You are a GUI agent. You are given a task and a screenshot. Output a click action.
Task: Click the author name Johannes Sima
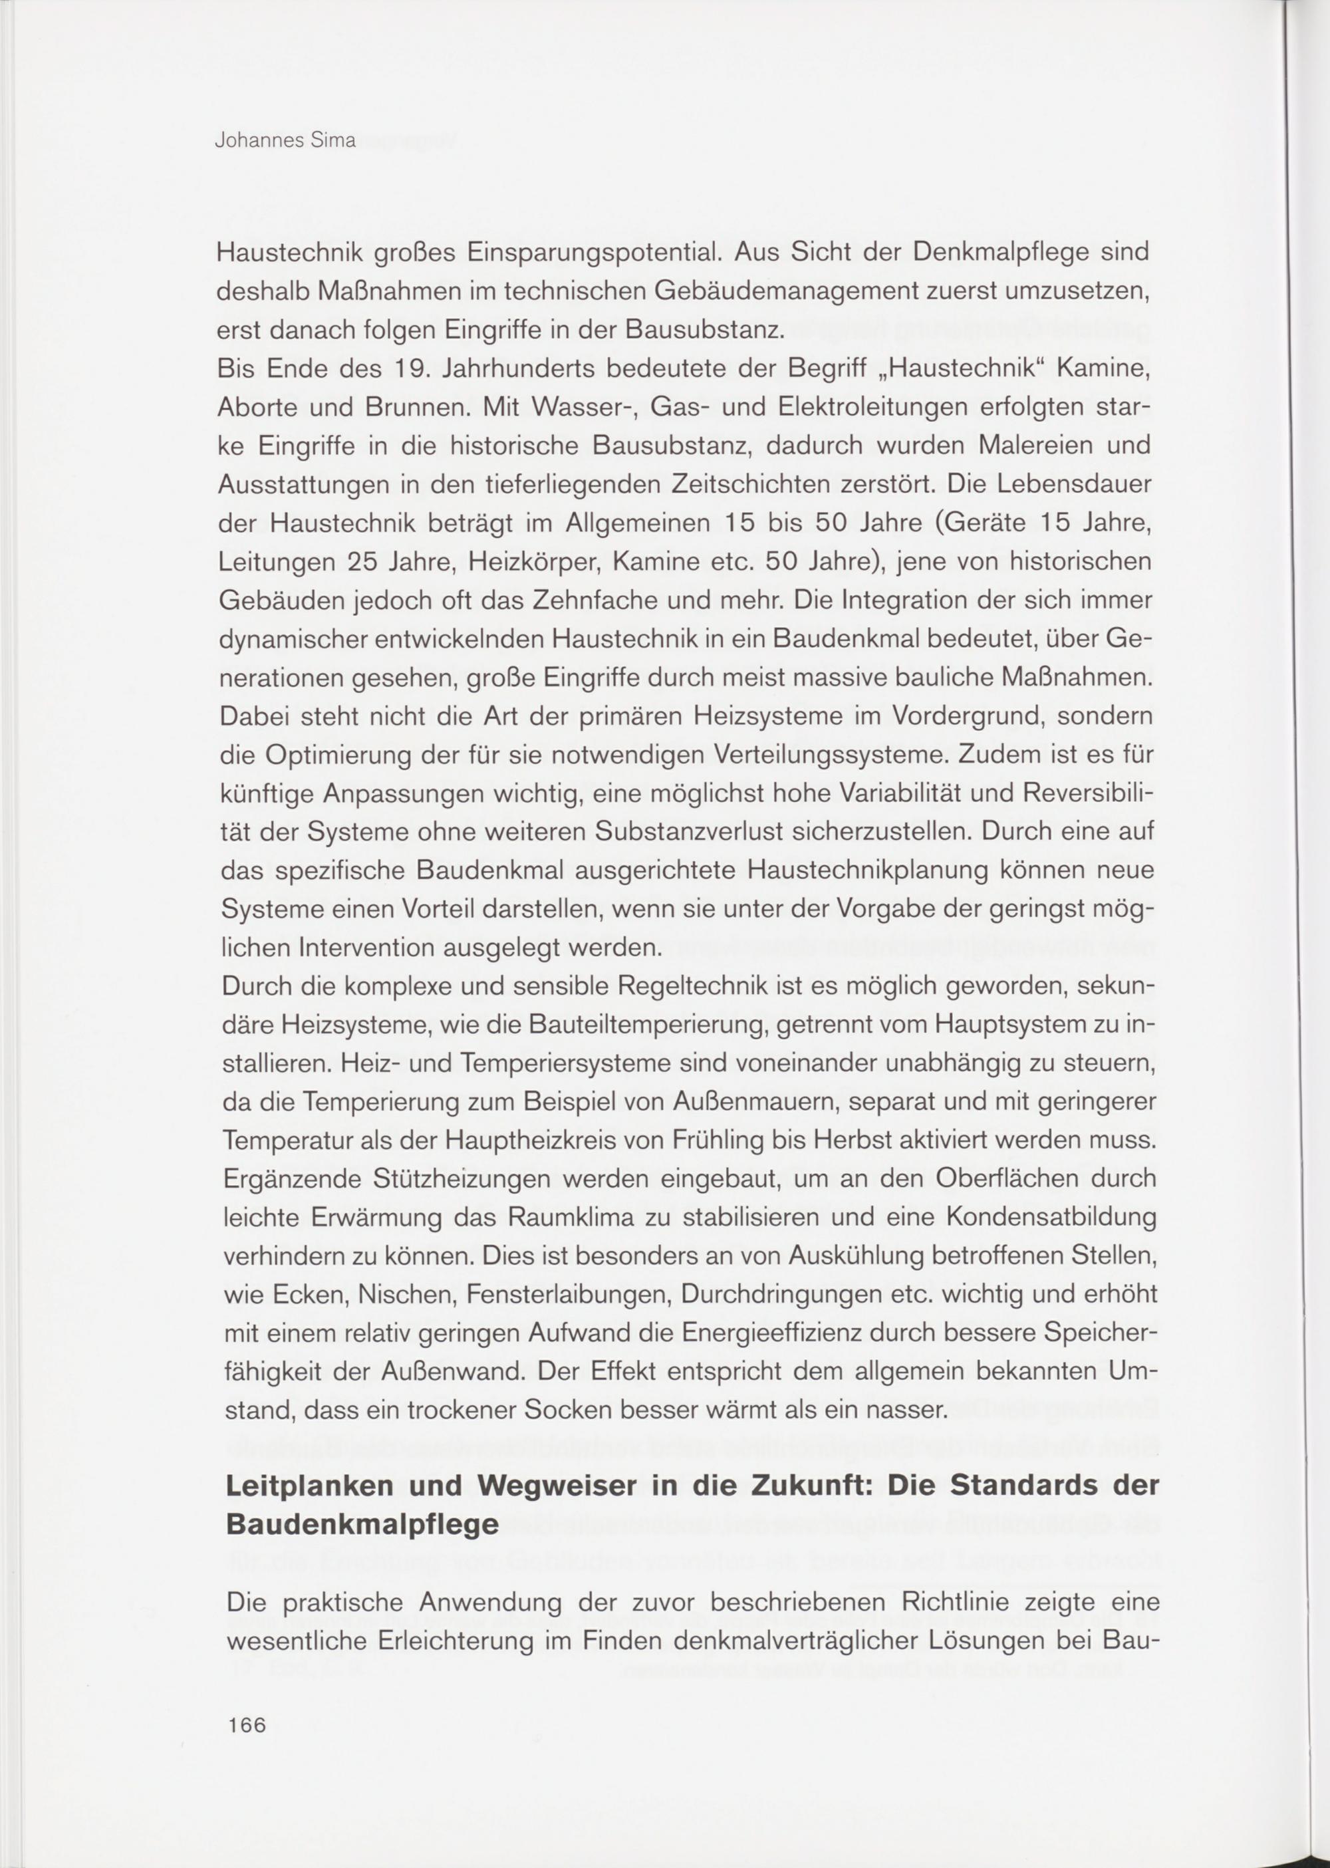pyautogui.click(x=285, y=140)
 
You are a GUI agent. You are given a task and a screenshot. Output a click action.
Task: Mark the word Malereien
pyautogui.click(x=1007, y=446)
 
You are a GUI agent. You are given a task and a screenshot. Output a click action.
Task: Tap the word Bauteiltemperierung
pyautogui.click(x=657, y=1025)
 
